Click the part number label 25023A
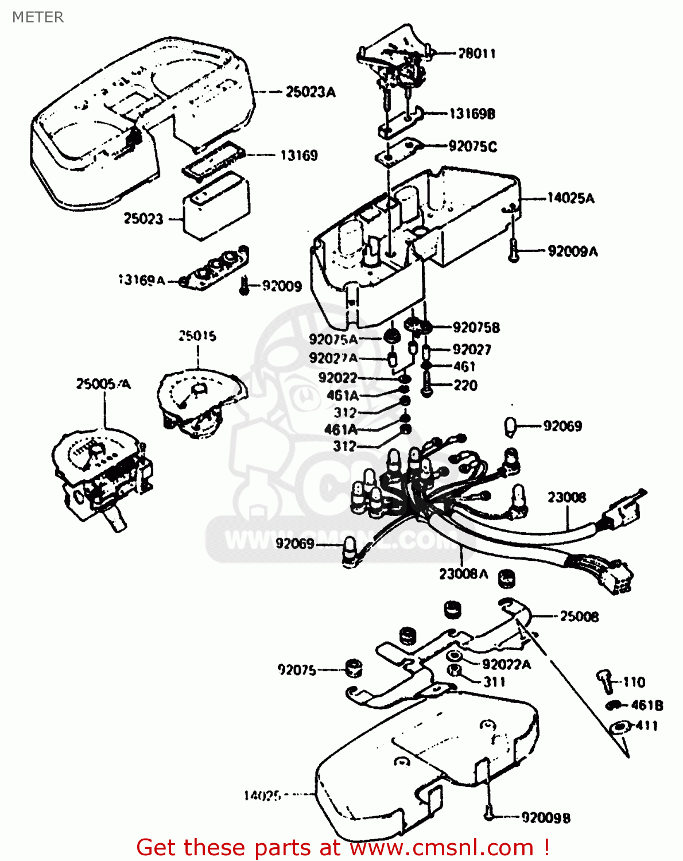(x=311, y=92)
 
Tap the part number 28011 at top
(x=477, y=53)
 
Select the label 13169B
(x=471, y=114)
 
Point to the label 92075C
(x=472, y=146)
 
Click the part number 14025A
(x=571, y=199)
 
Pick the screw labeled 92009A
(x=514, y=251)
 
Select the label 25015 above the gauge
(x=197, y=336)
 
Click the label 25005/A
(x=103, y=383)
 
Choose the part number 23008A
(x=463, y=573)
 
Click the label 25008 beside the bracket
(x=579, y=616)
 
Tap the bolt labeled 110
(x=603, y=679)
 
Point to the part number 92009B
(x=546, y=817)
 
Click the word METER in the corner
(x=38, y=17)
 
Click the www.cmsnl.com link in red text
(x=441, y=847)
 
